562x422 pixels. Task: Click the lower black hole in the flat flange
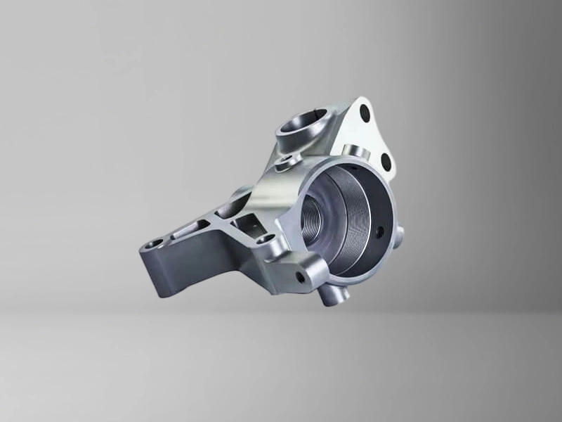tap(386, 161)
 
